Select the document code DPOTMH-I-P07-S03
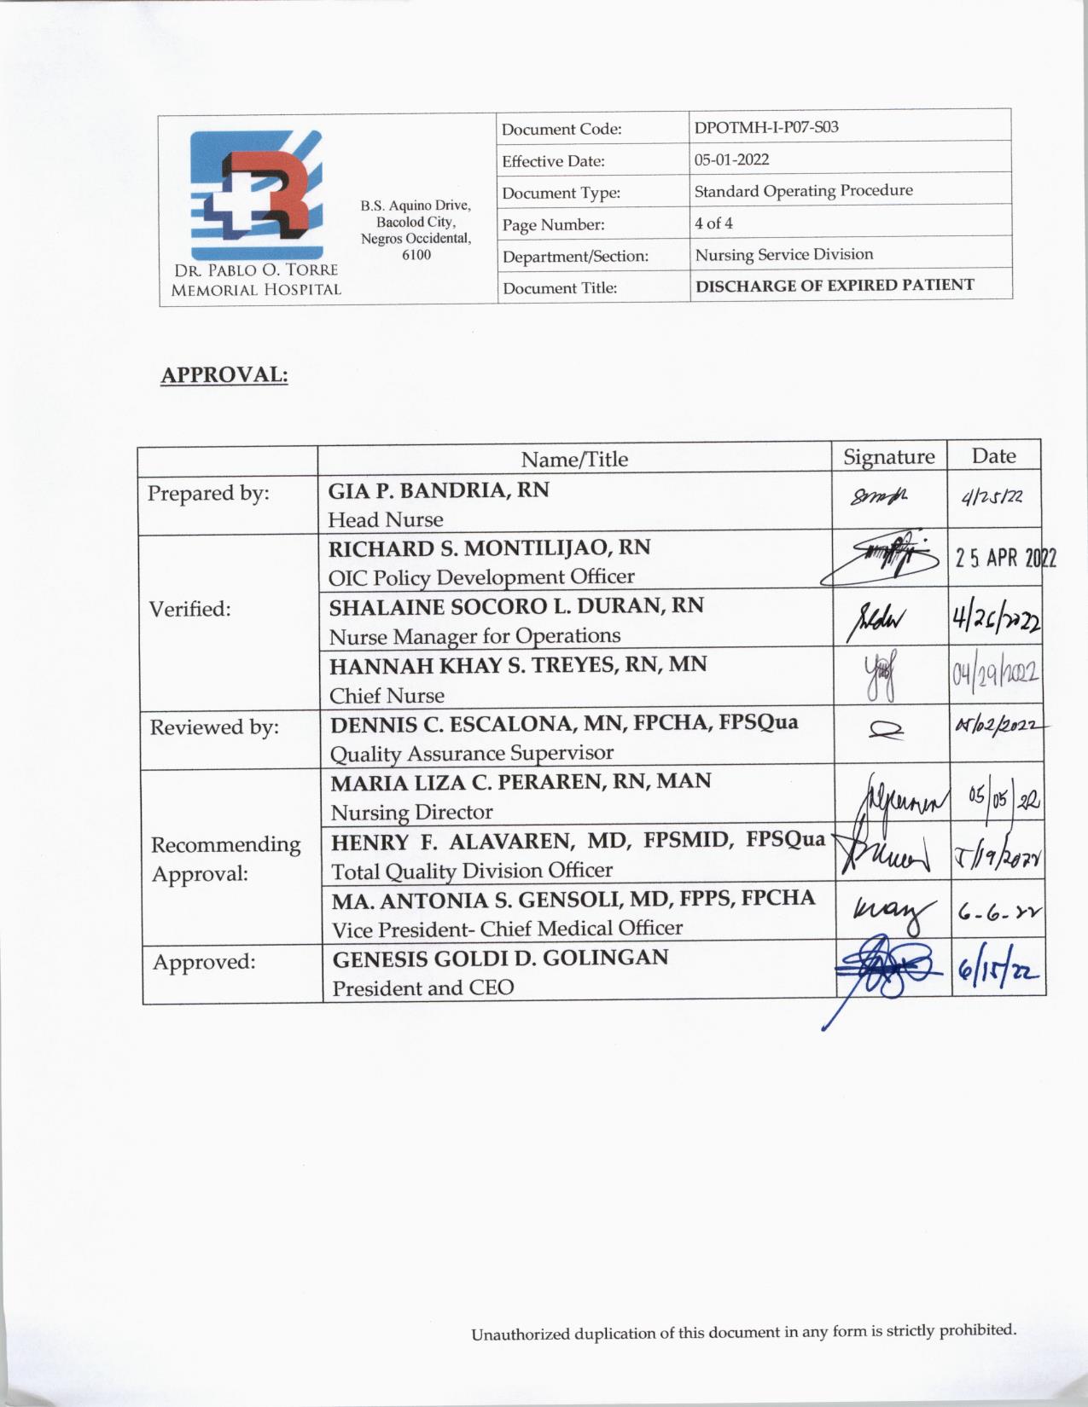tap(765, 128)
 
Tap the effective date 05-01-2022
tap(731, 159)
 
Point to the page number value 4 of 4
tap(713, 223)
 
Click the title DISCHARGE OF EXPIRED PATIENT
tap(834, 286)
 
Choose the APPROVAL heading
tap(224, 375)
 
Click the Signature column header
tap(888, 457)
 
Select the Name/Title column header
tap(573, 460)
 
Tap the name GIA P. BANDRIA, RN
tap(439, 490)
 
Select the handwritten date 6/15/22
tap(997, 970)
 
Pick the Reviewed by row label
tap(214, 727)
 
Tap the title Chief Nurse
tap(387, 696)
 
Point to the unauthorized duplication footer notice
tap(743, 1332)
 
